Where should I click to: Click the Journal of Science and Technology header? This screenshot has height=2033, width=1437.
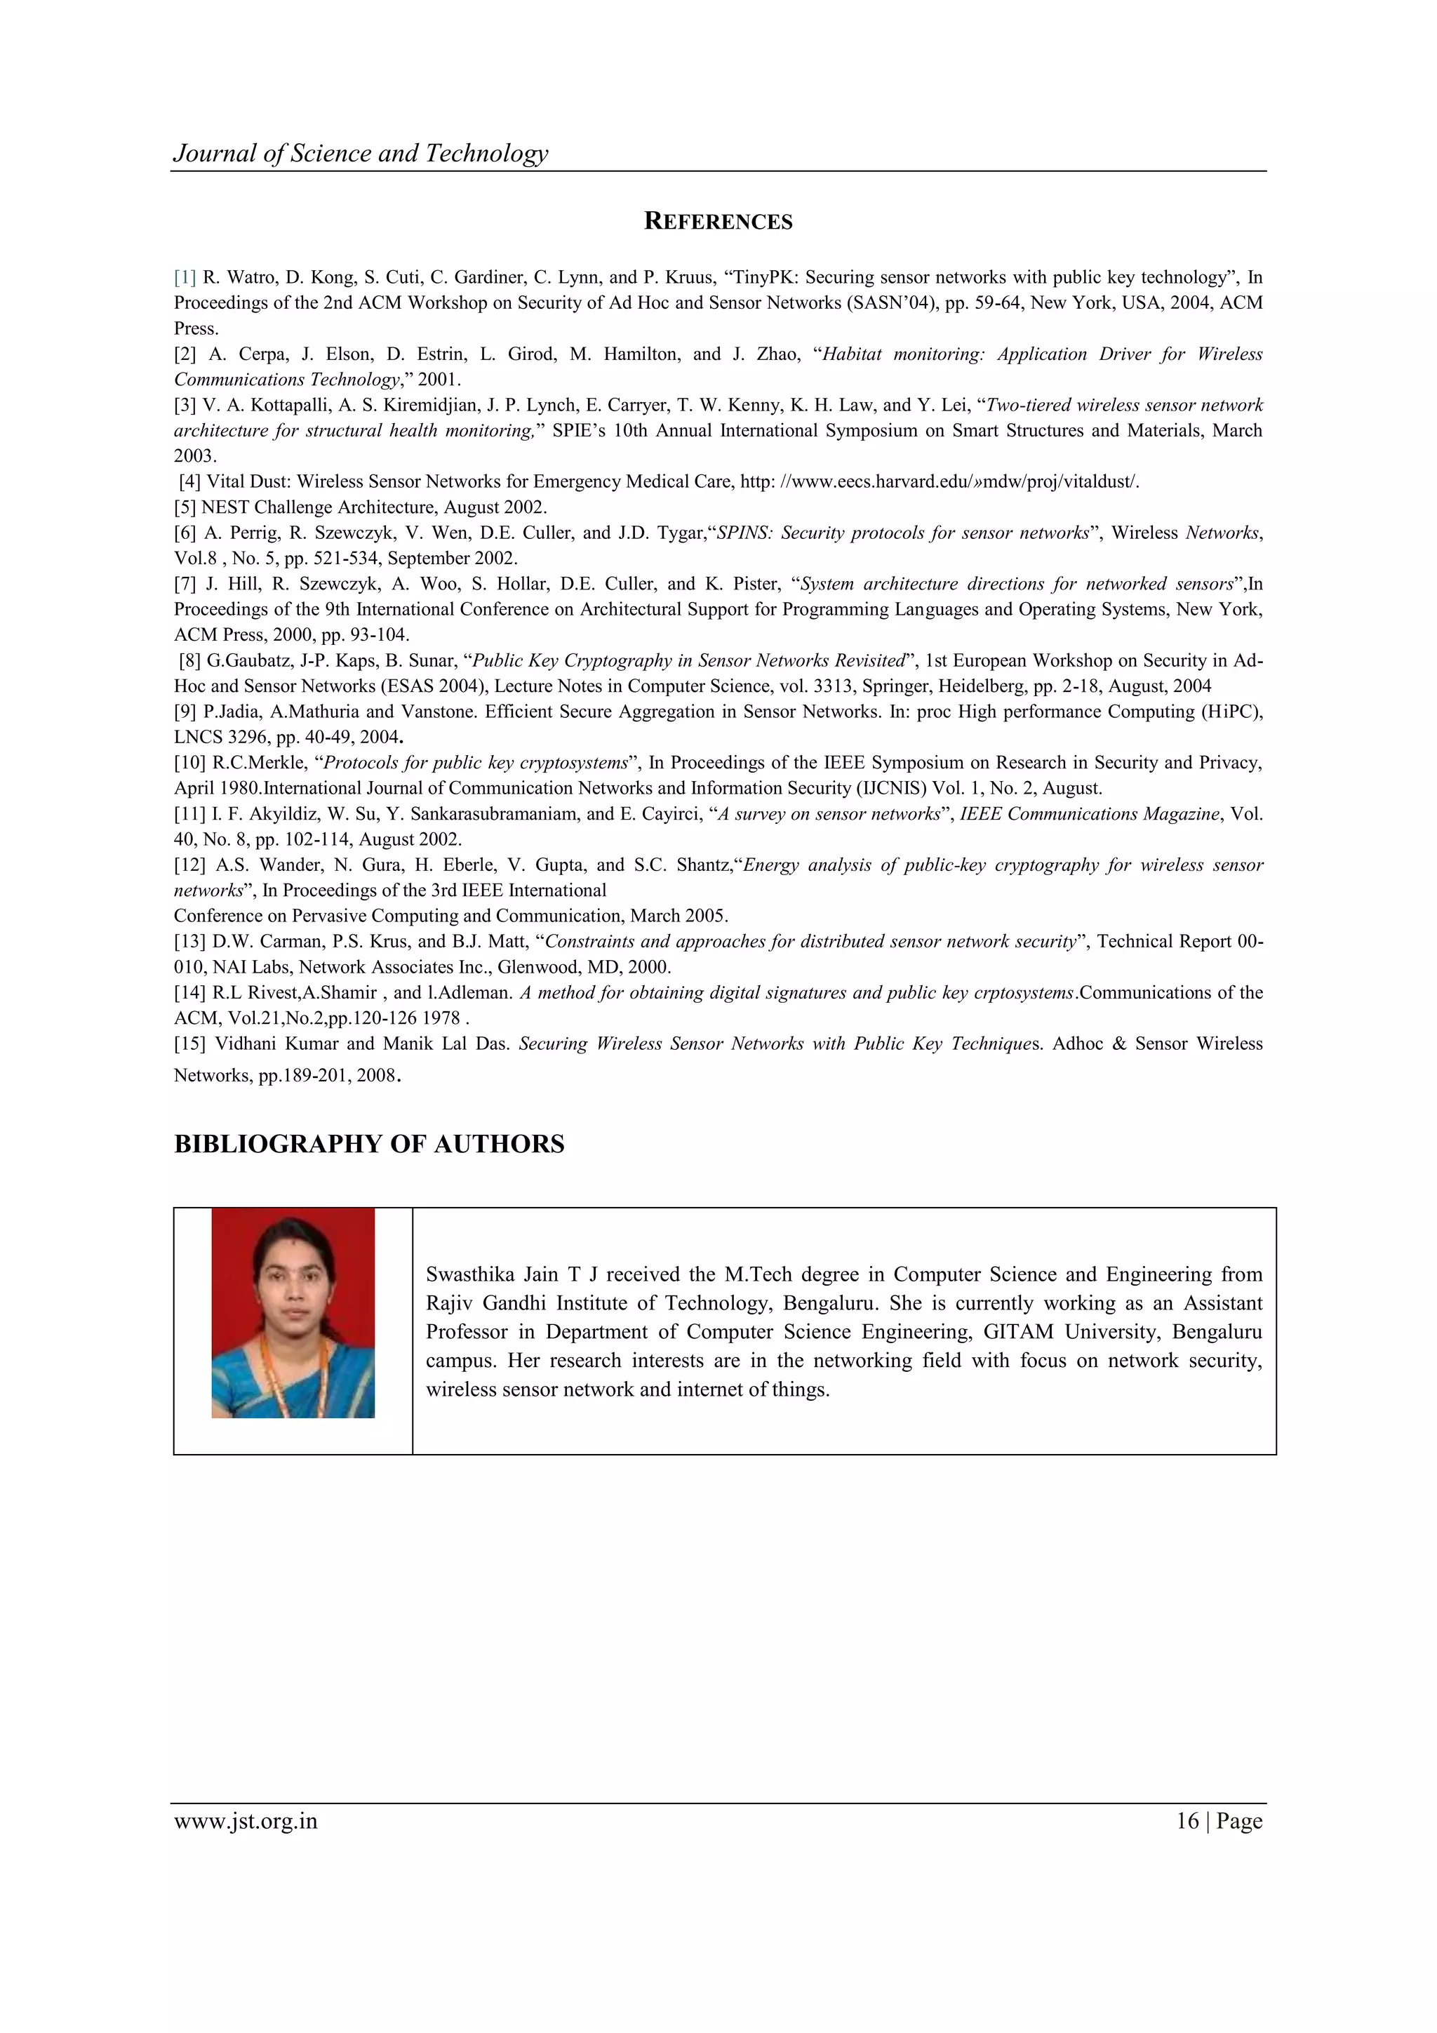361,153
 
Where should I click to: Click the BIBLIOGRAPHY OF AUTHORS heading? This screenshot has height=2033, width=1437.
368,1144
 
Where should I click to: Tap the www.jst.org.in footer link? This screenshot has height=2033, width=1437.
246,1821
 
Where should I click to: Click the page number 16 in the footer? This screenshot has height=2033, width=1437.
1187,1821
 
